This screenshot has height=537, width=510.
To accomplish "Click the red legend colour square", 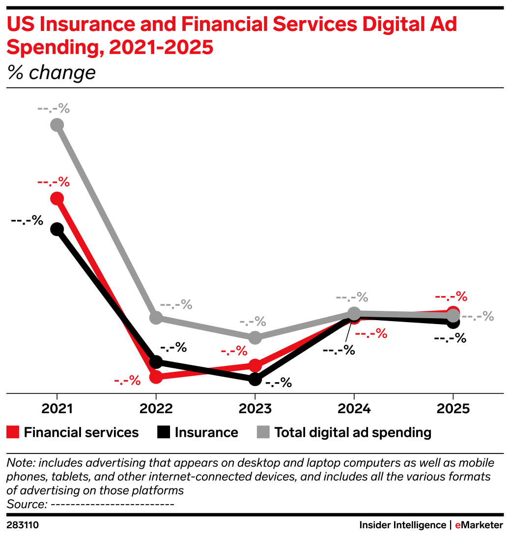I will click(x=13, y=432).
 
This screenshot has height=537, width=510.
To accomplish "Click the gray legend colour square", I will click(x=263, y=432).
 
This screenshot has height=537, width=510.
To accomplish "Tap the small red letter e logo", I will click(x=457, y=525).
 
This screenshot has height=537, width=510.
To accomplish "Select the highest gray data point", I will click(x=57, y=125).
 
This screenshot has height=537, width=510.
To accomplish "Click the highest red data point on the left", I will click(x=57, y=198).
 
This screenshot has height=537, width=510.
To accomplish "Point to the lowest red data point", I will click(x=156, y=377).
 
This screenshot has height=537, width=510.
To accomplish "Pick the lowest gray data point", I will click(x=255, y=337).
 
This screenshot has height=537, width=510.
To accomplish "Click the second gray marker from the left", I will click(x=156, y=318).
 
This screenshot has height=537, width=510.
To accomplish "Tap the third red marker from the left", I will click(x=255, y=365).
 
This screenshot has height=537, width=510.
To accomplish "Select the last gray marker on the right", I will click(x=453, y=315).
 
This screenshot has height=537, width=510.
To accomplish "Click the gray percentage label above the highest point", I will click(x=54, y=109).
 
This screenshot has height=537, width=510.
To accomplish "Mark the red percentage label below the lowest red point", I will click(x=127, y=380).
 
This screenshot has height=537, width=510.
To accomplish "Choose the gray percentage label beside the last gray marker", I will click(x=478, y=316).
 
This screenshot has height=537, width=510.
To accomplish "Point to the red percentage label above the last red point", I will click(x=451, y=297).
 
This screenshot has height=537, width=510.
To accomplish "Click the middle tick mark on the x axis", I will click(x=255, y=396).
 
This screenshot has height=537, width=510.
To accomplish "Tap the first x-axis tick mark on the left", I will click(x=57, y=396).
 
